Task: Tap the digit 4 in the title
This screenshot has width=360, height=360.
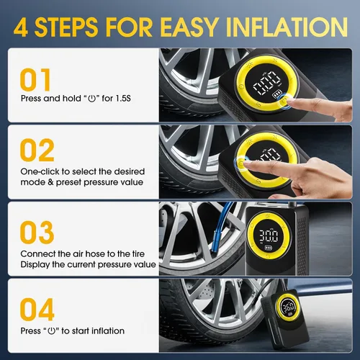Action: click(21, 27)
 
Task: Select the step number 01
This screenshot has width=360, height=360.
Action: click(35, 79)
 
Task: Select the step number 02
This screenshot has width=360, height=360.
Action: click(37, 150)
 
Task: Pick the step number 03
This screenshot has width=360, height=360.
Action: click(37, 232)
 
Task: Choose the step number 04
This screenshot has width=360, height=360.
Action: click(37, 309)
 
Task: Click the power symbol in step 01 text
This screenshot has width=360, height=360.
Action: click(92, 99)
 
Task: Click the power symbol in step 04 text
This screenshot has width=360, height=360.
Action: click(52, 331)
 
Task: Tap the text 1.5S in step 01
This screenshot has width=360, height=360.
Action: click(123, 99)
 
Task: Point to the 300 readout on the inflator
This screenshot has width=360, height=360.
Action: click(269, 235)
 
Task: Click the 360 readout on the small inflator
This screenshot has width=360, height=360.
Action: click(289, 307)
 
